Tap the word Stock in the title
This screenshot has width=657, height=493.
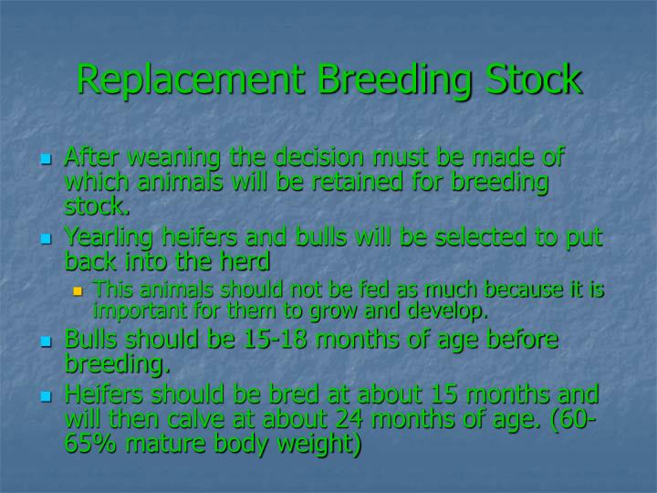coord(530,79)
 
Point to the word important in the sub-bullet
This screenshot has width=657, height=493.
coord(138,311)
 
